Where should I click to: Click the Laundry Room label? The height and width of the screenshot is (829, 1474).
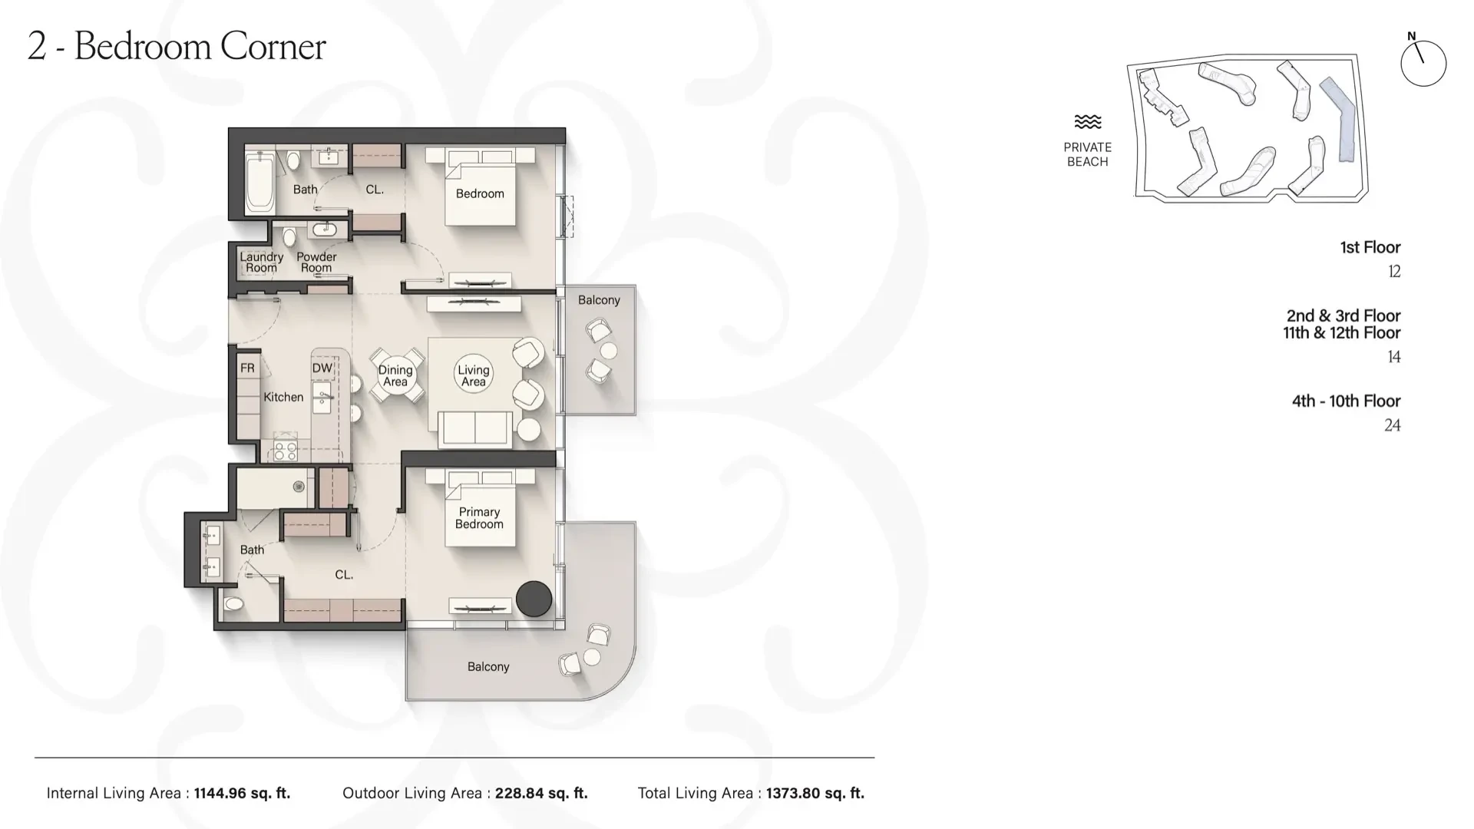coord(261,263)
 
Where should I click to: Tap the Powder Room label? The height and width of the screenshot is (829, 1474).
coord(316,263)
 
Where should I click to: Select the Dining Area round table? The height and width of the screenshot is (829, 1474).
coord(396,375)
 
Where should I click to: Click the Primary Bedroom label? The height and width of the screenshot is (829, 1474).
coord(479,518)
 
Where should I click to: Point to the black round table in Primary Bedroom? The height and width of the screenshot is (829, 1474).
coord(534,599)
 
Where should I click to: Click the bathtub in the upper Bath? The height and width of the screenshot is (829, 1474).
coord(259,183)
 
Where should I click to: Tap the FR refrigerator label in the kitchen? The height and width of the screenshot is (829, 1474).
coord(247,368)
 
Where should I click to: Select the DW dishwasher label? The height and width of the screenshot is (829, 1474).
coord(322,368)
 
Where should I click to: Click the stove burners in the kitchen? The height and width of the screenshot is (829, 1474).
coord(286,451)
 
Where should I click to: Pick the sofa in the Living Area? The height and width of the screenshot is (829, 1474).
coord(475,428)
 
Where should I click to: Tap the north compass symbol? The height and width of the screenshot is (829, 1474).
coord(1423,62)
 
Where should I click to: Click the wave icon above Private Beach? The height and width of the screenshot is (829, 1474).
coord(1088,122)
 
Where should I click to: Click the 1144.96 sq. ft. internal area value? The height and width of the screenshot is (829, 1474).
coord(242,794)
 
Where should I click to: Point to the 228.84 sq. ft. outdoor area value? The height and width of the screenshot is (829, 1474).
coord(541,794)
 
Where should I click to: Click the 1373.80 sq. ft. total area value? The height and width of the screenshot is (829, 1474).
coord(815,794)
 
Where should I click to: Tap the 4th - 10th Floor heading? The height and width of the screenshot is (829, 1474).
coord(1346,401)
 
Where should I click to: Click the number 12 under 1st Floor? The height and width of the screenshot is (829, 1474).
coord(1394,272)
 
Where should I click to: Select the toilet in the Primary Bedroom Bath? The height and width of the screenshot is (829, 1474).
coord(233,605)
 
